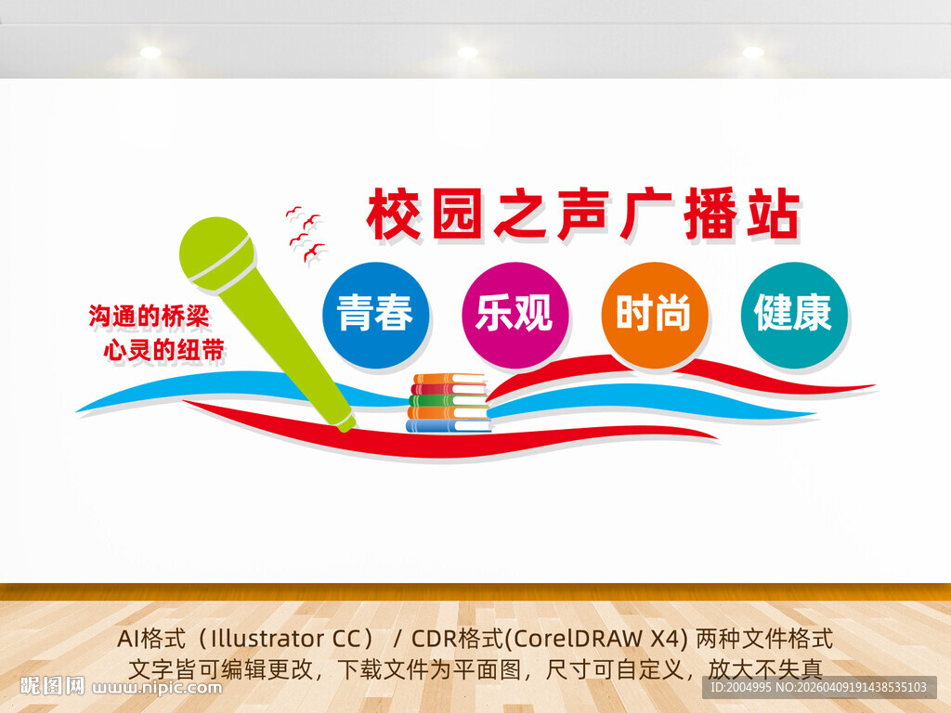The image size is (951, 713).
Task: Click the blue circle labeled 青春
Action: [375, 315]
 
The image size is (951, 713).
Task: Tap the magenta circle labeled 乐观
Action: [515, 315]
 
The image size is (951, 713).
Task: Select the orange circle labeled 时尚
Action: [654, 315]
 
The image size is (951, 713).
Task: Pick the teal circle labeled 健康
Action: [793, 314]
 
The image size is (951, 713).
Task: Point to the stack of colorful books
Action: [449, 404]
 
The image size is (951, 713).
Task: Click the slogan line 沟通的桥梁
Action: [149, 317]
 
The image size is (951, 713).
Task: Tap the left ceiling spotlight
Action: [150, 52]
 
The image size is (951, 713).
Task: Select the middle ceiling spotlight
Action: [467, 52]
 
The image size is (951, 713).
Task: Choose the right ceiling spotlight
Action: [752, 52]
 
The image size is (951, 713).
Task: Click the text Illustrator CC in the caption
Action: [285, 639]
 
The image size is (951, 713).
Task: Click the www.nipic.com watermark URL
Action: [159, 688]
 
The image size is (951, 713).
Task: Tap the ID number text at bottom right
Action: [818, 688]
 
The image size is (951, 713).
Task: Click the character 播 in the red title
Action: [708, 215]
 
